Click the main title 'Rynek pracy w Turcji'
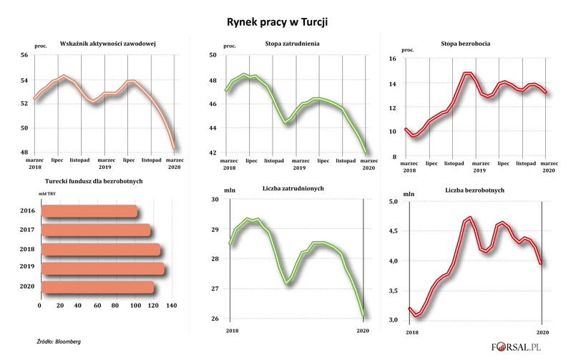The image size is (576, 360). [x=288, y=23]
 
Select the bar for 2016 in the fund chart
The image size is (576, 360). [x=89, y=211]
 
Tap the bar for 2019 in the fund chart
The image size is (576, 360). [x=102, y=268]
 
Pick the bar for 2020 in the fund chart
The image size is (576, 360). [x=97, y=287]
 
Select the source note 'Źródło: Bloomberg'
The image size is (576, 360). [x=59, y=341]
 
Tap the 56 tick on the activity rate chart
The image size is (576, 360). [x=24, y=55]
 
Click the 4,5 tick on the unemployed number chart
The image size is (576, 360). [x=392, y=231]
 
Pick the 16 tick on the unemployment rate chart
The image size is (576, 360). [x=391, y=59]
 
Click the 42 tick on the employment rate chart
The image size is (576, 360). [x=213, y=152]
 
